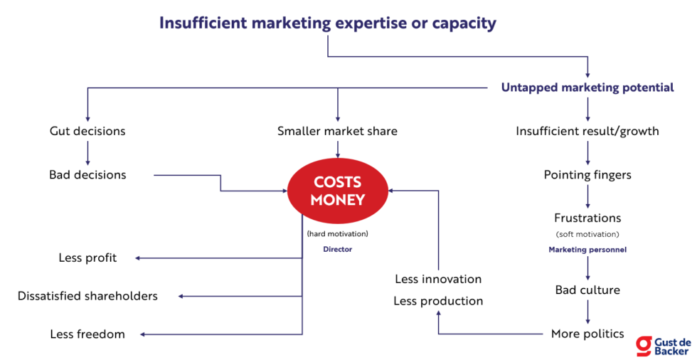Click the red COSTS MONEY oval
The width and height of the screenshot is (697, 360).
[x=337, y=191]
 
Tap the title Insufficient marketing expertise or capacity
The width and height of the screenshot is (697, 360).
[x=327, y=23]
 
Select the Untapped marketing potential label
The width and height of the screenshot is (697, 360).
[x=587, y=88]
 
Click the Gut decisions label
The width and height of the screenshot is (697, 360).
[x=87, y=131]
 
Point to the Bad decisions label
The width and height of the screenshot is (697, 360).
[x=87, y=174]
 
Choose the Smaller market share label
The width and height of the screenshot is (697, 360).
[x=337, y=131]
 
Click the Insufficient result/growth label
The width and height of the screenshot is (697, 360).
[x=587, y=131]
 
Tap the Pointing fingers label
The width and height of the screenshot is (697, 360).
[x=587, y=174]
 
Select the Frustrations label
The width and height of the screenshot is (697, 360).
[x=587, y=218]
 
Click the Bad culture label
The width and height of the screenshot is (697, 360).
[x=587, y=290]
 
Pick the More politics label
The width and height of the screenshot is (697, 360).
[x=587, y=334]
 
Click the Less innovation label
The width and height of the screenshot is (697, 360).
[x=438, y=279]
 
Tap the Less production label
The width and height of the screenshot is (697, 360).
[x=438, y=301]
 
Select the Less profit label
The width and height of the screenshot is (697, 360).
[x=87, y=258]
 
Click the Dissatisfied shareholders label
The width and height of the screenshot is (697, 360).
[x=87, y=295]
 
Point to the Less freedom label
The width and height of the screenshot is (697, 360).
[x=87, y=334]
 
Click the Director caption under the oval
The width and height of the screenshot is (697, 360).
[x=337, y=249]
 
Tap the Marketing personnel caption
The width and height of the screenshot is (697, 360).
[x=587, y=250]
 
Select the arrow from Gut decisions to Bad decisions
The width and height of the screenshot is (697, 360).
[x=87, y=152]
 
